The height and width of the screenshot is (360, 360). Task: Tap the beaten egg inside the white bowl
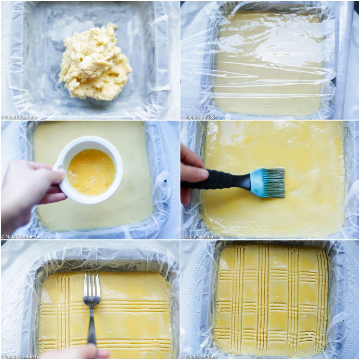click(91, 172)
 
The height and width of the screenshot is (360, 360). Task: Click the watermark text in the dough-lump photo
click(19, 117)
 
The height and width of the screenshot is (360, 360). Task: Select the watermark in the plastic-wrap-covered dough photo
click(199, 117)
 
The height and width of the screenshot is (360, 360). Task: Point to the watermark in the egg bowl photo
click(19, 237)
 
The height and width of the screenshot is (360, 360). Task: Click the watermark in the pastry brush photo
click(199, 237)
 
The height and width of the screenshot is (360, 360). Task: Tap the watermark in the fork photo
click(19, 356)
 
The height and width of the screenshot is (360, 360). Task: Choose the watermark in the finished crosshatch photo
click(199, 356)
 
